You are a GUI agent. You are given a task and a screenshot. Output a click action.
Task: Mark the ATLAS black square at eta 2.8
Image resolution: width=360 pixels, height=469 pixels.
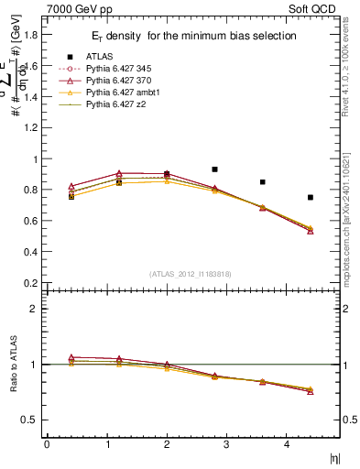point(214,169)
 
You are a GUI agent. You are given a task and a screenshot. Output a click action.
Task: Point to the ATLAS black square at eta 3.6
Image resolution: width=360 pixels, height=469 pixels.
point(263,182)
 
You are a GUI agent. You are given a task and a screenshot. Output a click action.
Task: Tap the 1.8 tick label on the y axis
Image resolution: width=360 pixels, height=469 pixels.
point(31,35)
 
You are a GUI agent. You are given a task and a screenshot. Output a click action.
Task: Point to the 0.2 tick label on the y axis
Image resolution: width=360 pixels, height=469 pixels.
point(31,283)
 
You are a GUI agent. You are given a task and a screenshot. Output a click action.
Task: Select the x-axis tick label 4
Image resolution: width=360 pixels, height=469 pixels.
point(288,444)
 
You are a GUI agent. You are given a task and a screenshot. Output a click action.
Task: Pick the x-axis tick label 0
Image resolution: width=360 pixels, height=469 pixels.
point(47,444)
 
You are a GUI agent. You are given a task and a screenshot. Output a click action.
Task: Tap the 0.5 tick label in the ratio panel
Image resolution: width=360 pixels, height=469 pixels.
point(31,420)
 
